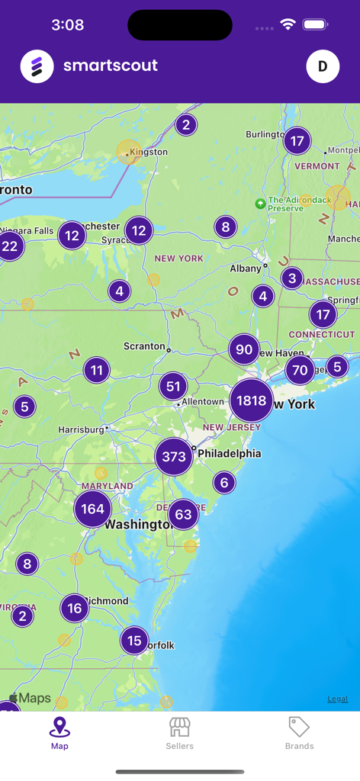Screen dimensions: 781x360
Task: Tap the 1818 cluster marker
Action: pyautogui.click(x=251, y=400)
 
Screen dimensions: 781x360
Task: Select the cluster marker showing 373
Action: pyautogui.click(x=174, y=456)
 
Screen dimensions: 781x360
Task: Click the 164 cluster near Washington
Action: pyautogui.click(x=92, y=509)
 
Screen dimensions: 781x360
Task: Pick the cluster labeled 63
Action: pyautogui.click(x=183, y=514)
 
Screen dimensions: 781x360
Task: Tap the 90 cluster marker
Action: pyautogui.click(x=244, y=349)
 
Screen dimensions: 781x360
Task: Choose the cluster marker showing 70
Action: pyautogui.click(x=300, y=371)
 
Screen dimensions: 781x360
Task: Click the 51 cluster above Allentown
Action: pyautogui.click(x=174, y=386)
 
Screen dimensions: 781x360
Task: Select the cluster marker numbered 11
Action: pyautogui.click(x=96, y=371)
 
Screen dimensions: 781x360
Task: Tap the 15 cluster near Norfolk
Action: pyautogui.click(x=134, y=641)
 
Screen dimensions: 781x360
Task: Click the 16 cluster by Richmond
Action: pyautogui.click(x=74, y=608)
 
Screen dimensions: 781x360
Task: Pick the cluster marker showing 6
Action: pyautogui.click(x=224, y=482)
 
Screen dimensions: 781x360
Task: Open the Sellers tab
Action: pyautogui.click(x=180, y=733)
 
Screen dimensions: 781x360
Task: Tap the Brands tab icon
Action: pyautogui.click(x=299, y=727)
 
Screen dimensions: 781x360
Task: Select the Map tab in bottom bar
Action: pyautogui.click(x=59, y=733)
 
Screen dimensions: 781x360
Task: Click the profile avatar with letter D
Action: pyautogui.click(x=323, y=66)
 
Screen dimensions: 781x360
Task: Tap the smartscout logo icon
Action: pyautogui.click(x=37, y=66)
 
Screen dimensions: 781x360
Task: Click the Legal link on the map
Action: pyautogui.click(x=338, y=699)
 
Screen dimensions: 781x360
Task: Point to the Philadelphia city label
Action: pyautogui.click(x=229, y=453)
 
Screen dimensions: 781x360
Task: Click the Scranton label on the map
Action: pyautogui.click(x=144, y=346)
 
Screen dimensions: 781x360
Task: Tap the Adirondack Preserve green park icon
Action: pyautogui.click(x=260, y=204)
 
